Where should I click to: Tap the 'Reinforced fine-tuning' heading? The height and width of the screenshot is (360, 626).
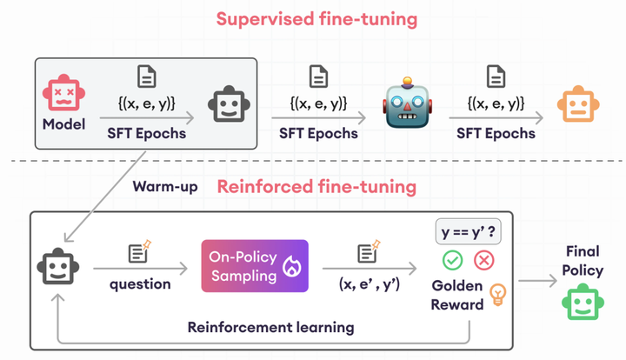point(316,186)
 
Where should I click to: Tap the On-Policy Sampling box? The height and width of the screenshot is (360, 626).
point(255,265)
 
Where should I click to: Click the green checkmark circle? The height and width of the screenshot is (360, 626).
point(452,260)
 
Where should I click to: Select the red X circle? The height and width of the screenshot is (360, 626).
point(483,260)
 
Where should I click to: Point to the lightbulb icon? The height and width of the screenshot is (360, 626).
point(498,293)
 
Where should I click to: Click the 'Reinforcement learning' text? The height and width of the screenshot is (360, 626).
point(270,327)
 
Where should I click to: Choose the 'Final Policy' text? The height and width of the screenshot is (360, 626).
point(582,260)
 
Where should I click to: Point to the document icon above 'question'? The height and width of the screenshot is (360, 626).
point(138,254)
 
